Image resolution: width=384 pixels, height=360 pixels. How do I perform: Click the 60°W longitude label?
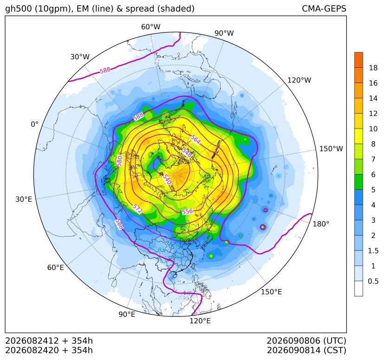click(x=150, y=27)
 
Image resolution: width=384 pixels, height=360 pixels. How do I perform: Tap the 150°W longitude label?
click(x=331, y=148)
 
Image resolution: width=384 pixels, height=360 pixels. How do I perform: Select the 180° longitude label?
click(x=321, y=224)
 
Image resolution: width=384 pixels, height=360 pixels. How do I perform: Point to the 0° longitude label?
click(x=34, y=124)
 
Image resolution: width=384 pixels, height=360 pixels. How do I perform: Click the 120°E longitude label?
click(x=200, y=321)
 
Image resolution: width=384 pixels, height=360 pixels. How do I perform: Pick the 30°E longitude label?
click(x=24, y=199)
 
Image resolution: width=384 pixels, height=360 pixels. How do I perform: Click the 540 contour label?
click(x=167, y=179)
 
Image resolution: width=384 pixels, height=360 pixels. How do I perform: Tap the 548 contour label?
click(x=187, y=153)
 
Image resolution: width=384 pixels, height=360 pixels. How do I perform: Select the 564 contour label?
click(x=195, y=140)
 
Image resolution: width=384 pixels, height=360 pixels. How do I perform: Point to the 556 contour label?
click(x=187, y=211)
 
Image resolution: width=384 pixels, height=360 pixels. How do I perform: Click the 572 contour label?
click(x=137, y=208)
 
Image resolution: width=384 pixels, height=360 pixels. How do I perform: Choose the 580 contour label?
click(x=119, y=161)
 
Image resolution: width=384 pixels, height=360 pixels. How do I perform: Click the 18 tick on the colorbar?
click(x=373, y=68)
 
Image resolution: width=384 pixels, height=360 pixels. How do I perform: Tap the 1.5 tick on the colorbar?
click(x=373, y=251)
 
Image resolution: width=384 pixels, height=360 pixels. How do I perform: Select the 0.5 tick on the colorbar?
click(x=373, y=281)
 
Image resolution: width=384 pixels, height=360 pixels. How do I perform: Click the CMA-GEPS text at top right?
click(x=324, y=9)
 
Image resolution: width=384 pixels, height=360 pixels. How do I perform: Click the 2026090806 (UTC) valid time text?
click(x=306, y=341)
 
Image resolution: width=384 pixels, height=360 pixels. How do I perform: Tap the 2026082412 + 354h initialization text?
click(x=49, y=341)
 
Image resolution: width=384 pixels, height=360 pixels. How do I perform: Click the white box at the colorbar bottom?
click(x=358, y=288)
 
